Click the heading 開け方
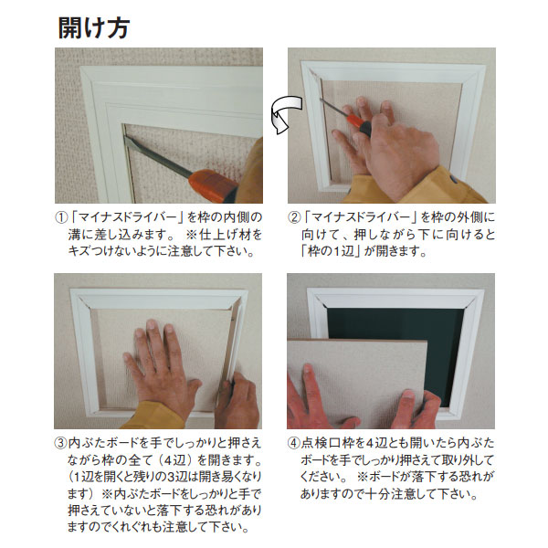[x=94, y=27]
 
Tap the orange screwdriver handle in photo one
[x=212, y=184]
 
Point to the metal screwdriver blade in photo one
[x=158, y=155]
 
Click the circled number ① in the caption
[x=61, y=217]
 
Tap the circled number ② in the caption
[x=294, y=217]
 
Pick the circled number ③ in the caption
[x=60, y=443]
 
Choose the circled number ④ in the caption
[x=293, y=443]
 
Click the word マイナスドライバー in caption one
[x=127, y=217]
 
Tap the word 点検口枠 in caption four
[x=328, y=443]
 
